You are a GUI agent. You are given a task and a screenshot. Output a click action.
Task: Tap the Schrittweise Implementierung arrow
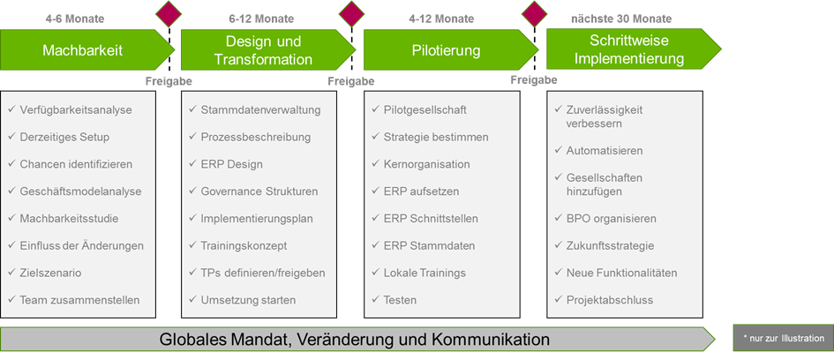click(x=628, y=50)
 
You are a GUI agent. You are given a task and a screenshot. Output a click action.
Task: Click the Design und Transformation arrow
click(x=263, y=51)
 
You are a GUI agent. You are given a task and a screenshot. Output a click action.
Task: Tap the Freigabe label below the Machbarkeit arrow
click(x=168, y=81)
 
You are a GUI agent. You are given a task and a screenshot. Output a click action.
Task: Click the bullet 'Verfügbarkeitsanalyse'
click(x=75, y=110)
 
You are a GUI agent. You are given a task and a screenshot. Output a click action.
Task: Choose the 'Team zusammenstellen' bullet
click(x=79, y=300)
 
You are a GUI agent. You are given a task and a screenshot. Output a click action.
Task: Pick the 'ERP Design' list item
click(x=226, y=164)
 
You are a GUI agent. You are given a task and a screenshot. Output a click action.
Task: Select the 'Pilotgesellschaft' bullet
click(x=425, y=110)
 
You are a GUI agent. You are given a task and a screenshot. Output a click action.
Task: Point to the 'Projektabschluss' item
click(x=609, y=300)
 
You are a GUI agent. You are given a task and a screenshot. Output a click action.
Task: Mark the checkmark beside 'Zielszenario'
click(x=11, y=273)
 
